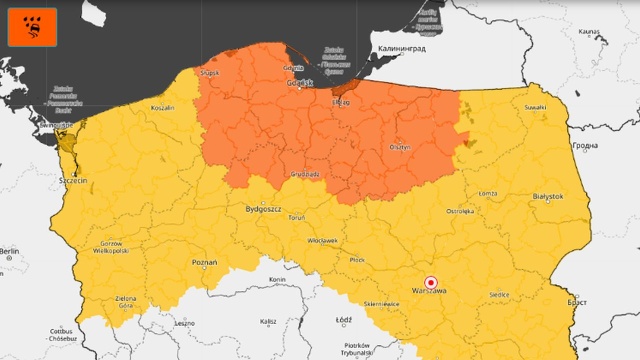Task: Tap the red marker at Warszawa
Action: click(431, 282)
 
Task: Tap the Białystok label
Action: click(547, 197)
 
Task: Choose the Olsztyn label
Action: click(400, 146)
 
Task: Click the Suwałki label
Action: click(536, 107)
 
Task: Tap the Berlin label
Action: click(10, 250)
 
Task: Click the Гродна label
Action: click(584, 146)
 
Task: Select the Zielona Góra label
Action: click(125, 302)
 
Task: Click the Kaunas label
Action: click(587, 32)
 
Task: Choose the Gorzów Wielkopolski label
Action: click(111, 248)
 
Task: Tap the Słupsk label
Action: click(209, 73)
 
